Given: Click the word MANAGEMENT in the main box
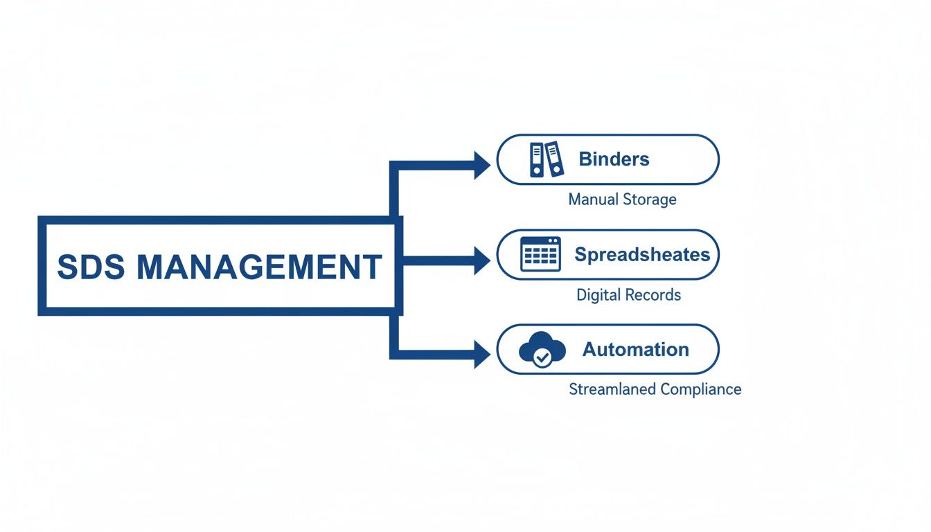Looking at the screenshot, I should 259,267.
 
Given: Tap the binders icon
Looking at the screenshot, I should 546,159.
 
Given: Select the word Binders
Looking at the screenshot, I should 614,159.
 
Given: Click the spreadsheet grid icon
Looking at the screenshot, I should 540,254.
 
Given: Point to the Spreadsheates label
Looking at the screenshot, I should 642,255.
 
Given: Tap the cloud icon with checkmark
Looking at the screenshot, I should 542,350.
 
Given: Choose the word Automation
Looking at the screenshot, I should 635,349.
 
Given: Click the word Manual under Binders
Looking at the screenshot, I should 593,199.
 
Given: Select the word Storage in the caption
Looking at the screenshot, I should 648,199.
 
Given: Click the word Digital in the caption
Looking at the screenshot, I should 598,295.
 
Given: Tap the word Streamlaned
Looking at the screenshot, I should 612,389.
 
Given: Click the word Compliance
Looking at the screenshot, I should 700,389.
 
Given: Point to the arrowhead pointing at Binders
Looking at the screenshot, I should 482,165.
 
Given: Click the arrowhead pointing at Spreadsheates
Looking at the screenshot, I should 482,260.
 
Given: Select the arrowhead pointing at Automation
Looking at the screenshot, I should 482,355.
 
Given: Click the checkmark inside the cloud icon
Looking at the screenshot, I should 543,357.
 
